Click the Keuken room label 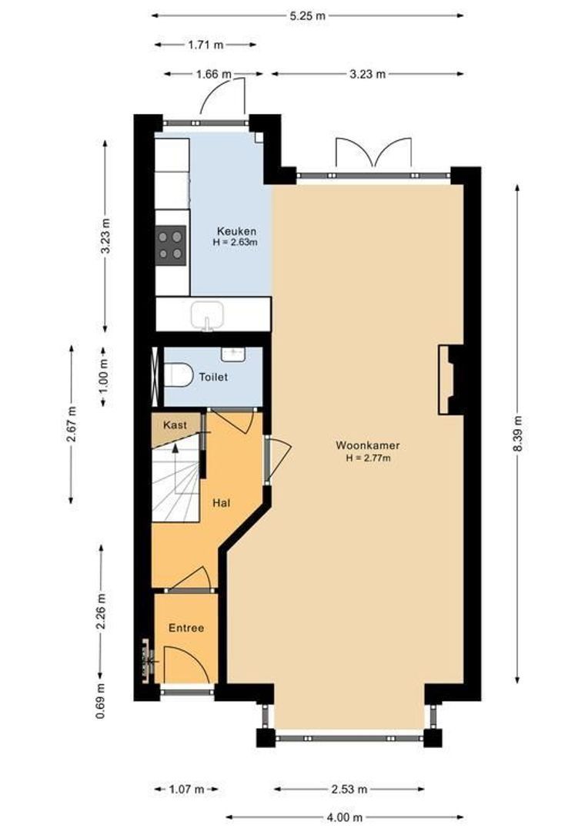(x=236, y=231)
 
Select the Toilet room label (x=213, y=377)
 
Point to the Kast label (x=175, y=425)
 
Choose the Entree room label (x=186, y=628)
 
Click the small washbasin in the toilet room (x=232, y=354)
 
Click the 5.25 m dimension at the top (x=307, y=15)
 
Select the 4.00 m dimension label (x=344, y=817)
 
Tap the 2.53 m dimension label (x=349, y=790)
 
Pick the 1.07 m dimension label (x=186, y=790)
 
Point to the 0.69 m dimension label (x=101, y=701)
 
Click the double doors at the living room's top (x=373, y=154)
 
